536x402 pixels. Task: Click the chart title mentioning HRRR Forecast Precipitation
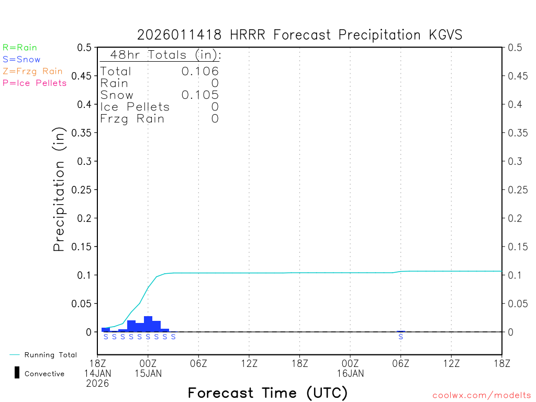[x=300, y=35]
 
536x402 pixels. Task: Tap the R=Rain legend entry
[x=20, y=48]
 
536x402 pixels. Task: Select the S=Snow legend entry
[x=21, y=60]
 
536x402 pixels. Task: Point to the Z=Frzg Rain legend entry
[x=32, y=71]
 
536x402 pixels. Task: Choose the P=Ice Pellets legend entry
[x=35, y=83]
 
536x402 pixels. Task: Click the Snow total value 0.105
[x=200, y=95]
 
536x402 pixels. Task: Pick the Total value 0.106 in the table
[x=200, y=71]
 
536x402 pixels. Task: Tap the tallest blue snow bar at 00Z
[x=148, y=324]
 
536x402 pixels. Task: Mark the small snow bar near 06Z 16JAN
[x=401, y=331]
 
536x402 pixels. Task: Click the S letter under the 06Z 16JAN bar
[x=401, y=337]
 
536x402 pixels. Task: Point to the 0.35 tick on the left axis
[x=84, y=133]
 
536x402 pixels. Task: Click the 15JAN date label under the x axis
[x=148, y=374]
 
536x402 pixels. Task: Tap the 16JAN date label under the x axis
[x=350, y=374]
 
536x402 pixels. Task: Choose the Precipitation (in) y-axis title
[x=59, y=189]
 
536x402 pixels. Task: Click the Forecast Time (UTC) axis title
[x=267, y=393]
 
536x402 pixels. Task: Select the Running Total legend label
[x=50, y=355]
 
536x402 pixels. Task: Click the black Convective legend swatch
[x=17, y=373]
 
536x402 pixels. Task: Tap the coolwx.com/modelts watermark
[x=482, y=396]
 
